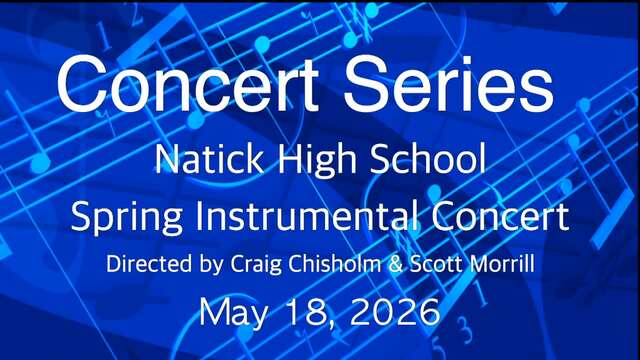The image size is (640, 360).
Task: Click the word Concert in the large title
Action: pos(188,84)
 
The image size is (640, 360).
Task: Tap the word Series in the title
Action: pos(448,84)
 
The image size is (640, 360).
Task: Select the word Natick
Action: pos(209,158)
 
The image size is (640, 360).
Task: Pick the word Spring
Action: pos(127,217)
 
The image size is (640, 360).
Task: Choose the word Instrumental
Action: pos(307,215)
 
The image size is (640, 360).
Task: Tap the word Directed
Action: pos(149,264)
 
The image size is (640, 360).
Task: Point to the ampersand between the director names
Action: pos(396,264)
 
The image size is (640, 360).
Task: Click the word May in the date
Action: pos(234,313)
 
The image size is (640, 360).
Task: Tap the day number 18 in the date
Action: pos(306,312)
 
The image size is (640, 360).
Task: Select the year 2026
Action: pos(395,312)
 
